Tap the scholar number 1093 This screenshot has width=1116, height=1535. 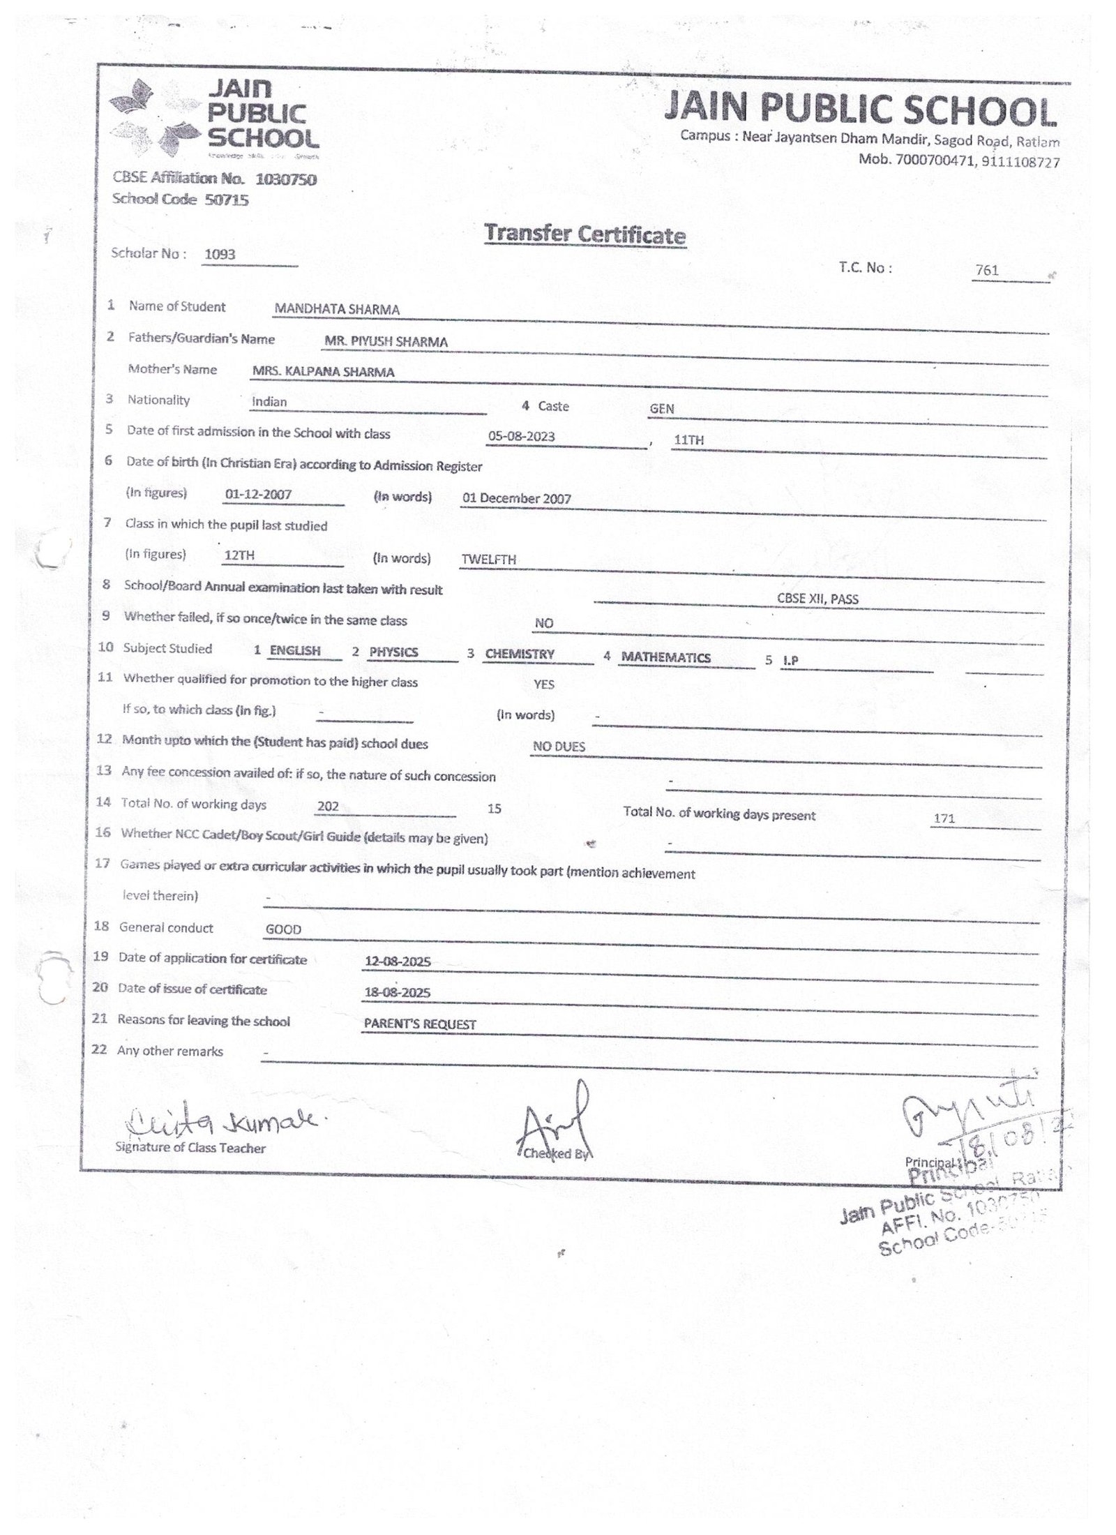220,255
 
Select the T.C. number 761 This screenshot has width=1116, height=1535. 987,270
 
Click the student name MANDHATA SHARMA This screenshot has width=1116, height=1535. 337,310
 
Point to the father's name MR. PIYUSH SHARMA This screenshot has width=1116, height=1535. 386,342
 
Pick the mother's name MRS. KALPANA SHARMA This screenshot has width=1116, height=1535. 323,373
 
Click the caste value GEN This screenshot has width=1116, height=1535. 661,409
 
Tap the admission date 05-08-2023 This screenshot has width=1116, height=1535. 521,437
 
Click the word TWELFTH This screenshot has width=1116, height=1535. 488,560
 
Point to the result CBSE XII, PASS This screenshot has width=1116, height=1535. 817,599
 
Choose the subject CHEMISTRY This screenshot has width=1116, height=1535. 520,654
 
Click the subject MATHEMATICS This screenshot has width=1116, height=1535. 665,657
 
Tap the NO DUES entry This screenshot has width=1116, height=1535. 559,747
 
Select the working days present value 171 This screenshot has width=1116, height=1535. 944,818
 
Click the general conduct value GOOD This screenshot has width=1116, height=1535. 283,929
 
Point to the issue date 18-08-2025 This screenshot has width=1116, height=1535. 397,993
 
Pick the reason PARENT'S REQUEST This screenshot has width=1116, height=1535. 420,1024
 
